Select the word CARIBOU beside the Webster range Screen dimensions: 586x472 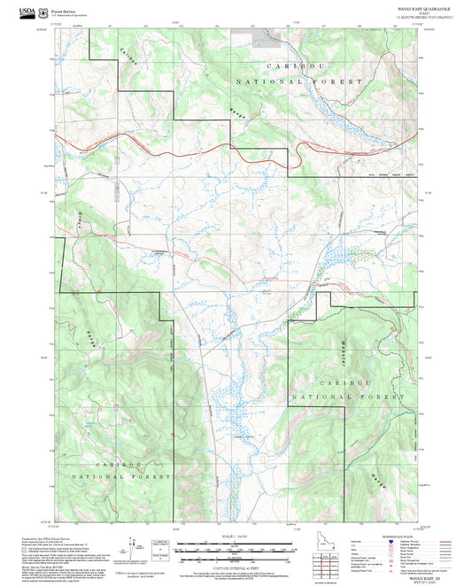click(x=344, y=380)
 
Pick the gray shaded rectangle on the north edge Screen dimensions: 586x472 click(x=263, y=40)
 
